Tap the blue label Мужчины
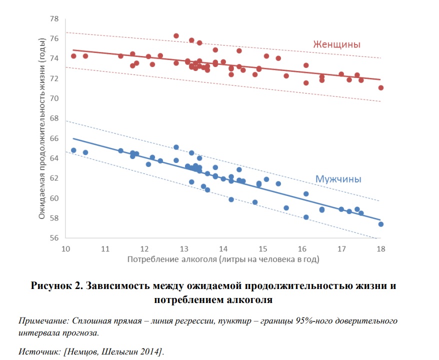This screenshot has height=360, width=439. tap(338, 179)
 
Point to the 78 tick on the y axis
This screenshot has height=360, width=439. tap(54, 19)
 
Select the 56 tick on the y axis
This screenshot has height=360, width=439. tap(54, 238)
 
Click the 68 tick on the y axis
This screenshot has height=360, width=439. tap(54, 118)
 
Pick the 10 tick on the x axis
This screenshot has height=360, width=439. tap(65, 248)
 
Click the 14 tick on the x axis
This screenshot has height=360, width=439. tap(223, 248)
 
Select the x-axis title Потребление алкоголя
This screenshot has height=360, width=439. tap(223, 259)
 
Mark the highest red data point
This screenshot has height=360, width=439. tap(176, 36)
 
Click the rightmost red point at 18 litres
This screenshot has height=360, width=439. tap(380, 87)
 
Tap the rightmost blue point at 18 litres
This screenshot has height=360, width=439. tap(380, 224)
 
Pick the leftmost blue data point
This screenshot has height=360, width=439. tap(73, 150)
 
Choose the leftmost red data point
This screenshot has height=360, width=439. tap(73, 56)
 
